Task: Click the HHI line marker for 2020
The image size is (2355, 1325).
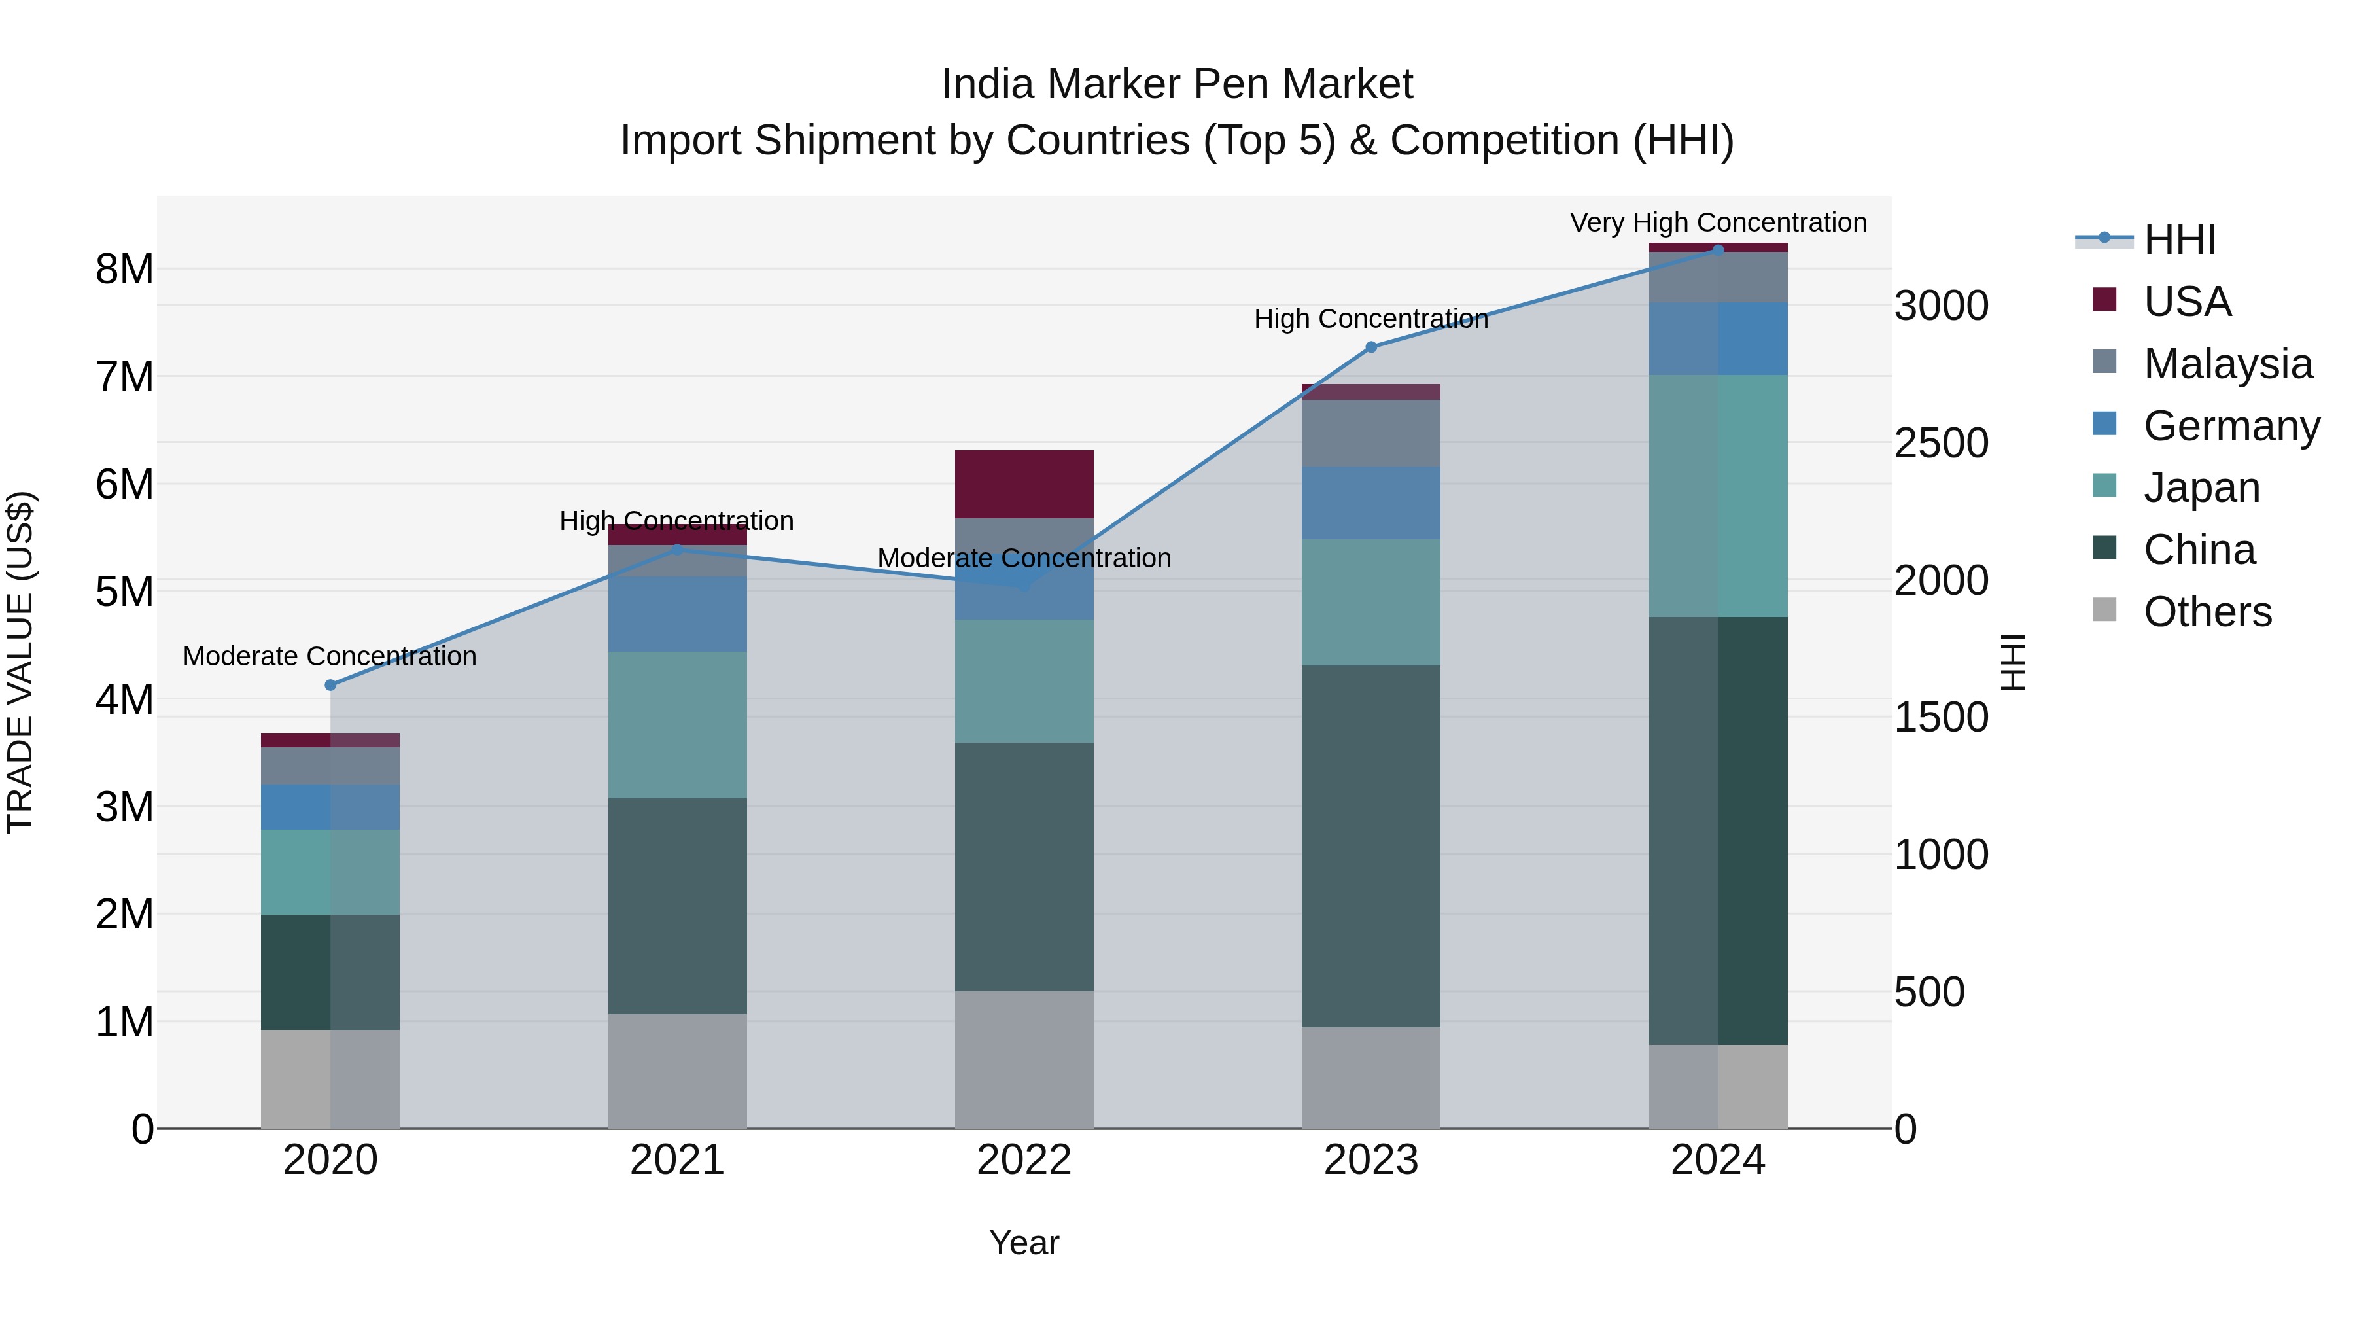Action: [331, 685]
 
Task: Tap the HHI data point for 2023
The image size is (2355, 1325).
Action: [1370, 347]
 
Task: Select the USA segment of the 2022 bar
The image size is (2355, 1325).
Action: [1024, 484]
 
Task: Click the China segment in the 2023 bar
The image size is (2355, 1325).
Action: [1370, 846]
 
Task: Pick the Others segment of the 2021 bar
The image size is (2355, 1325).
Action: [678, 1070]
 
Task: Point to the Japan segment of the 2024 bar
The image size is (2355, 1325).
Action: [1718, 495]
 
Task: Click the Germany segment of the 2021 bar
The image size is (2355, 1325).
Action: [678, 614]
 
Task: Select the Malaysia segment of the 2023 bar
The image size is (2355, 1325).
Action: [1370, 433]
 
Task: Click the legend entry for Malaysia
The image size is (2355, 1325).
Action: [2227, 364]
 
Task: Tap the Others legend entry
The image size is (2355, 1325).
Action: [2207, 612]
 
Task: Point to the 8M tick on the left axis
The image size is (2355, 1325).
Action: [124, 270]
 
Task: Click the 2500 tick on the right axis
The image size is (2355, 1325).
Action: [1941, 444]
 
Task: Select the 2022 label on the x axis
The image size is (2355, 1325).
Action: [1024, 1160]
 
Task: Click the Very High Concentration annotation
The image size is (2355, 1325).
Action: [1718, 223]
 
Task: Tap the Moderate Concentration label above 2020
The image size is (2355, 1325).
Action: [330, 656]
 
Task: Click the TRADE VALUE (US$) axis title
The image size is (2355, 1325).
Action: [20, 662]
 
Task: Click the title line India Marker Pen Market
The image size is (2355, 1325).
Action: [1177, 84]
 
